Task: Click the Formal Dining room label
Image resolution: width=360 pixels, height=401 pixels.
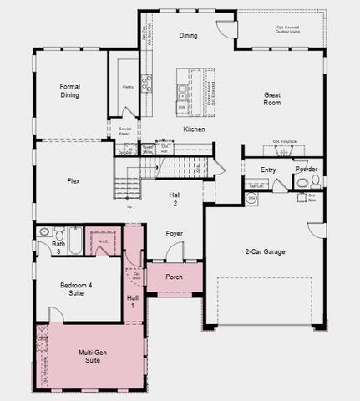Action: tap(69, 90)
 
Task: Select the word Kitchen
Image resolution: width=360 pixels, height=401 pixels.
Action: tap(194, 129)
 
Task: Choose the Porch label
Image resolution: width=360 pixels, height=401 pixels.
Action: tap(174, 277)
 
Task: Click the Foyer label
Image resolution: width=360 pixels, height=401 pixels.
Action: tap(174, 234)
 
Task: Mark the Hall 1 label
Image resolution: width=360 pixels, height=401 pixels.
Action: tap(132, 302)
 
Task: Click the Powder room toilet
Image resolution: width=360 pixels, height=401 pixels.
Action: tap(302, 183)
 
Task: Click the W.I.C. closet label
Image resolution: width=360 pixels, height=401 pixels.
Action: tap(104, 242)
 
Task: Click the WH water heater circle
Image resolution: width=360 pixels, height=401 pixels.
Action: tap(251, 199)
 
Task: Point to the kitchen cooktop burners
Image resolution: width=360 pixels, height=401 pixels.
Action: tap(147, 82)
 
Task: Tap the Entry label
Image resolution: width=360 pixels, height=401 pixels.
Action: tap(268, 170)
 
